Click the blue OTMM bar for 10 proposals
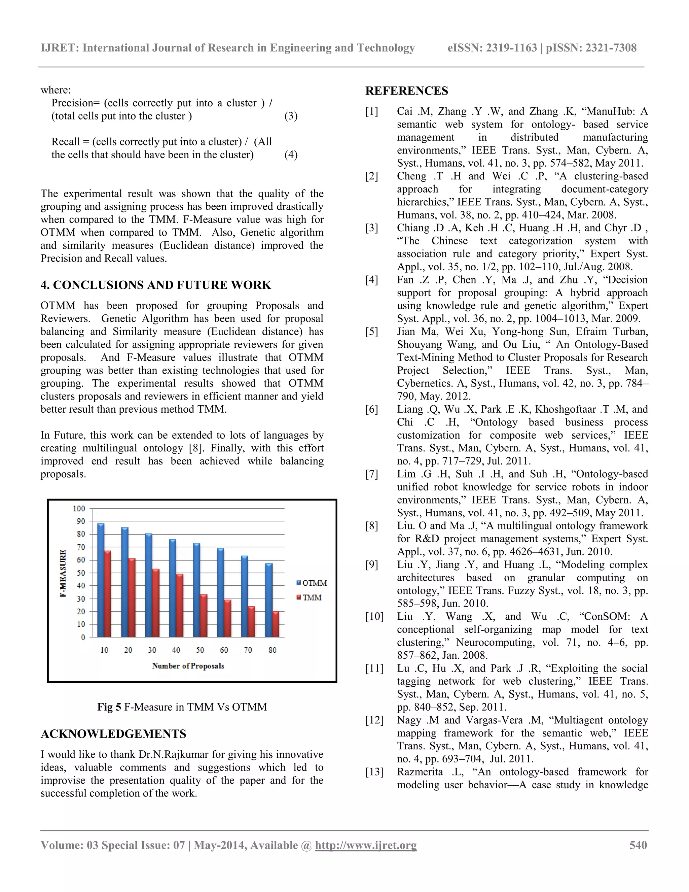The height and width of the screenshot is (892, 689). click(x=101, y=580)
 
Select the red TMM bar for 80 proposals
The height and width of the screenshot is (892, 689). click(x=276, y=624)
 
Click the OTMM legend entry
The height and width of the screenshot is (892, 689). click(x=312, y=583)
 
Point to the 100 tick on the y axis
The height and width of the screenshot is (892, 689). click(x=79, y=509)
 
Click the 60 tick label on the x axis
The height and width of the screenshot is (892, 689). click(x=224, y=650)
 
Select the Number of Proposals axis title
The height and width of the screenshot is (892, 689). click(x=188, y=666)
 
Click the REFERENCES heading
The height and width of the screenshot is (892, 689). click(x=406, y=91)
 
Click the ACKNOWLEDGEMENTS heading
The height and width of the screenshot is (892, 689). click(x=113, y=734)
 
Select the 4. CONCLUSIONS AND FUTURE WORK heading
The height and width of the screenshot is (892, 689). click(x=156, y=285)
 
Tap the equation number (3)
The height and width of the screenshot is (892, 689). click(x=291, y=116)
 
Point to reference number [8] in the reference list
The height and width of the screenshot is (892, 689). click(x=372, y=526)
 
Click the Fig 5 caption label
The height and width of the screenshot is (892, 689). click(x=109, y=707)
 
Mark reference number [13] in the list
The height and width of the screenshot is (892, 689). click(x=374, y=772)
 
